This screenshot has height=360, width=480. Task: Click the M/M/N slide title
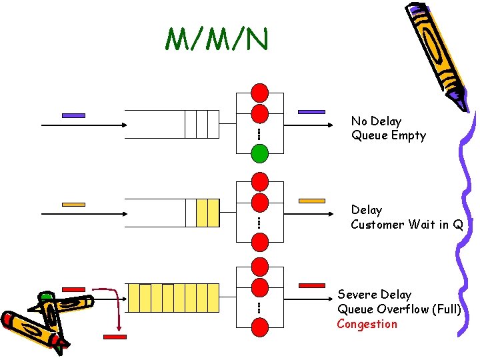[217, 40]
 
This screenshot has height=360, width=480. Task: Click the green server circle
[259, 154]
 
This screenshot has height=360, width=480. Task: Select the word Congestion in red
[367, 325]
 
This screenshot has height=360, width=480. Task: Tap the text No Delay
[376, 121]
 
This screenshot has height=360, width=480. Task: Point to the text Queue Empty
[388, 136]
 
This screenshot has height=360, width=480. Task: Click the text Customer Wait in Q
[407, 225]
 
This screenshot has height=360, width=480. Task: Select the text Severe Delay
[374, 295]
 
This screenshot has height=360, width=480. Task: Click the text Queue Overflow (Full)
[399, 309]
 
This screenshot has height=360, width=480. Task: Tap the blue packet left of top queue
[73, 115]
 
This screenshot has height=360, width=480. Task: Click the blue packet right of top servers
[311, 112]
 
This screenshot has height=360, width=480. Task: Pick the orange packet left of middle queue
[73, 204]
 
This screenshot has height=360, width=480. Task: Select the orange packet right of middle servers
[311, 201]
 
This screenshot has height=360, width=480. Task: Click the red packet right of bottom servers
[311, 285]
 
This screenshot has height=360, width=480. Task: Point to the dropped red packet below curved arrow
[115, 337]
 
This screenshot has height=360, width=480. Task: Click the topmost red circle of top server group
[259, 92]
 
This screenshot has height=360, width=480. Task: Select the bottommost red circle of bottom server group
[259, 327]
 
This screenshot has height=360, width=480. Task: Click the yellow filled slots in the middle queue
[208, 213]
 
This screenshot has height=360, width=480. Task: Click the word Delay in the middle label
[367, 210]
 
